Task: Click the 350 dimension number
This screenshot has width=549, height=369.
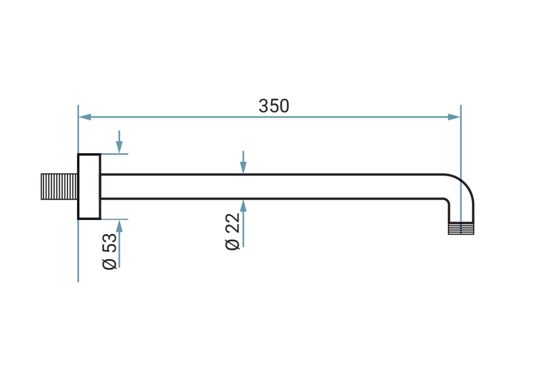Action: click(274, 106)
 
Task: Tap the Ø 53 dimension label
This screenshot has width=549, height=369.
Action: click(109, 251)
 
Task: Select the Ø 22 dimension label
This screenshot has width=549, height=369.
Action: click(232, 232)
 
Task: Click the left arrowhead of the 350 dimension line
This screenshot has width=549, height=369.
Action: click(85, 117)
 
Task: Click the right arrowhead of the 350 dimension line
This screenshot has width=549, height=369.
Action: click(454, 117)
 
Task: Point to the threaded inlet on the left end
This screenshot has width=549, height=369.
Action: click(59, 187)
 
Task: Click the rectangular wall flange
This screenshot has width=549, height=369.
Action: click(89, 187)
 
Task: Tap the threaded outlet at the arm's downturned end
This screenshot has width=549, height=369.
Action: click(461, 228)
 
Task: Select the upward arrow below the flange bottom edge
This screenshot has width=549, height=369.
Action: click(120, 243)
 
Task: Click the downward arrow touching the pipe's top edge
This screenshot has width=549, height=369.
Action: click(243, 162)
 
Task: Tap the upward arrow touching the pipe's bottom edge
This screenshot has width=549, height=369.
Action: click(243, 223)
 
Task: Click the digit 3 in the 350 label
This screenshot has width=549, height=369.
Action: click(263, 106)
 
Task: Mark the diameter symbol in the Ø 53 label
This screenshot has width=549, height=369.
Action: click(109, 264)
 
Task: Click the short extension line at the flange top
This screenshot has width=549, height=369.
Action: click(115, 154)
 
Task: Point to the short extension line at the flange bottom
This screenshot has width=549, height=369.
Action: click(115, 219)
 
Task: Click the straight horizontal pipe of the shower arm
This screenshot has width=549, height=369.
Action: click(272, 187)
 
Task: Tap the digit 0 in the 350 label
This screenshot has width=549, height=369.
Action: click(285, 106)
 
